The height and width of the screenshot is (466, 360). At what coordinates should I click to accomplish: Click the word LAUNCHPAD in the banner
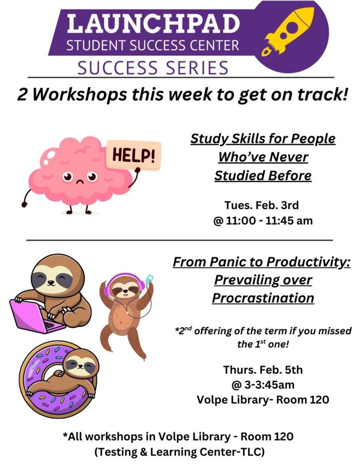(x=154, y=23)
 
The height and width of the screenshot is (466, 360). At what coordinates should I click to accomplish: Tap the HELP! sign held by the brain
(x=134, y=155)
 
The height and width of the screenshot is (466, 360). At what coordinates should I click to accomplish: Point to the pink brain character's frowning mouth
(x=80, y=181)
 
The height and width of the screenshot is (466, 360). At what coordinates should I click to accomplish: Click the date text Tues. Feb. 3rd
(x=261, y=205)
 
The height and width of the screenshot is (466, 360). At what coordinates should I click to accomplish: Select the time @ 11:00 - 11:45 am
(x=263, y=221)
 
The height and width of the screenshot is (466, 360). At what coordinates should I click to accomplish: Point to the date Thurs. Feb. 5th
(x=263, y=370)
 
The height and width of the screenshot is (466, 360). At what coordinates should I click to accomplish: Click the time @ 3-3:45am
(x=263, y=385)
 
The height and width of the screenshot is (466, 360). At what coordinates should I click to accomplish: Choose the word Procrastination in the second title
(x=263, y=298)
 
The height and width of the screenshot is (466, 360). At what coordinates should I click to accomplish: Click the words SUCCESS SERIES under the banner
(x=153, y=67)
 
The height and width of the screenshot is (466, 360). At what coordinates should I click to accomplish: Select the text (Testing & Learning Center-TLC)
(x=179, y=452)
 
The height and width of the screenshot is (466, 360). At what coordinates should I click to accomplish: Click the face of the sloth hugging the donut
(x=81, y=364)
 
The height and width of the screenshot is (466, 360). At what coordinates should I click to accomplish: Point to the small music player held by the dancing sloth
(x=149, y=279)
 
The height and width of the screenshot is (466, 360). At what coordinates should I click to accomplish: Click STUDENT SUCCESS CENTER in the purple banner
(x=153, y=46)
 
